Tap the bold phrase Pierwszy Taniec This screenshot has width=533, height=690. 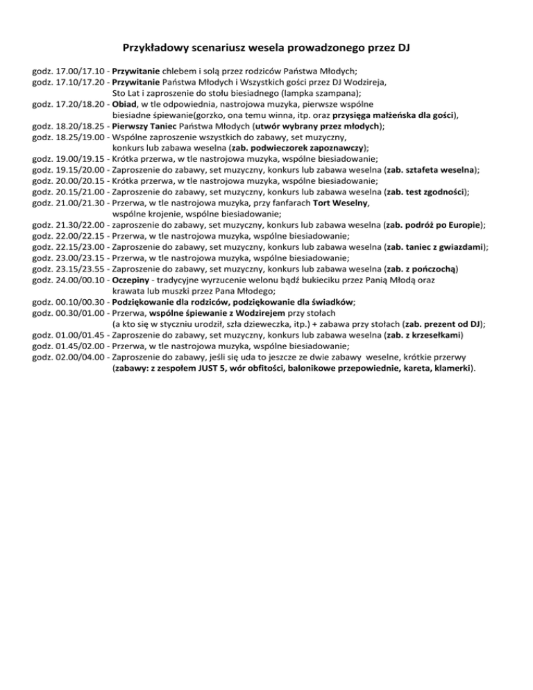[x=144, y=127]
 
